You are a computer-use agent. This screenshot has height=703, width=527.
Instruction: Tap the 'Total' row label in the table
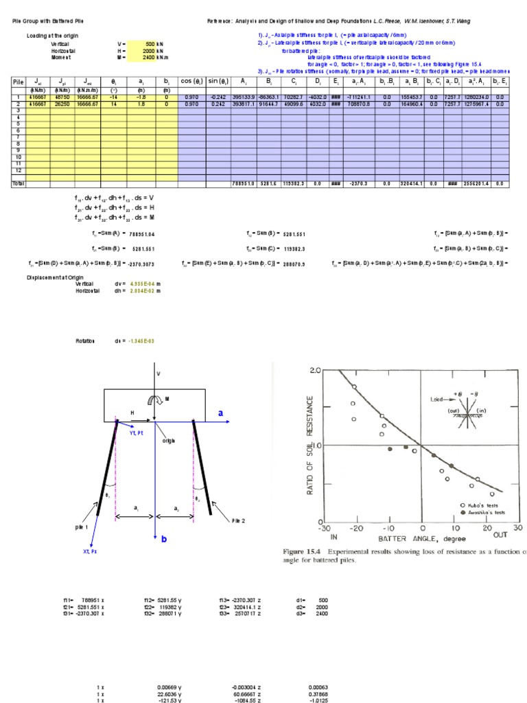(x=18, y=183)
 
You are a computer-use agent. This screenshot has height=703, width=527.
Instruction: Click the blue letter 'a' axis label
(x=221, y=414)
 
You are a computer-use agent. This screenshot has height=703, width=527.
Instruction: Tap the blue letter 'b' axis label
(x=164, y=540)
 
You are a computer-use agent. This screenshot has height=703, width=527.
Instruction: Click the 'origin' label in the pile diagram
(x=169, y=441)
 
